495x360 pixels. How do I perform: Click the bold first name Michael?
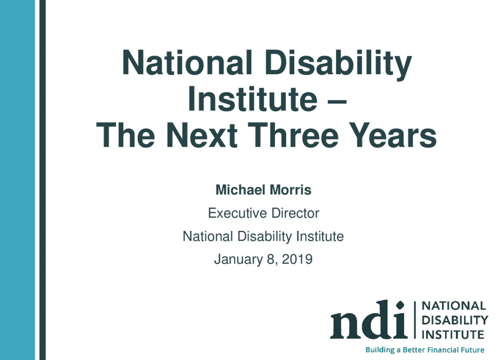(x=241, y=190)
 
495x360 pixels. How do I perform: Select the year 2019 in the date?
(x=297, y=259)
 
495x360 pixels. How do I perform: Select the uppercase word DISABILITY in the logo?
(x=455, y=320)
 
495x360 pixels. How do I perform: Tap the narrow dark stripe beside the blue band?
(x=42, y=180)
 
